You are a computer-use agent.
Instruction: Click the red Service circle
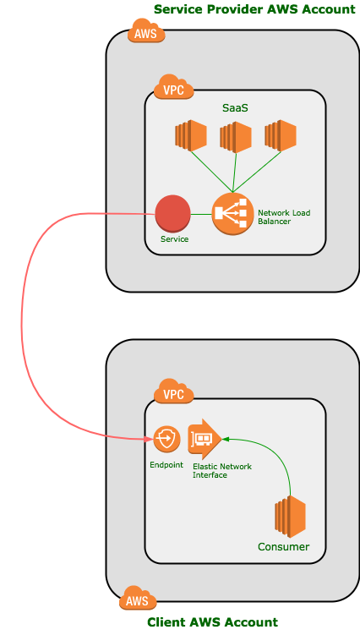[173, 214]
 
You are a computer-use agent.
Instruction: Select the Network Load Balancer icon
[232, 214]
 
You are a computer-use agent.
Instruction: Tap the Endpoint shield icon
[166, 439]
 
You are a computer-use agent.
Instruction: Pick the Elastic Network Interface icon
[205, 439]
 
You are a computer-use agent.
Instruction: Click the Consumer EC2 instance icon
[290, 514]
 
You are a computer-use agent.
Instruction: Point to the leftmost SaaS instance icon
[191, 135]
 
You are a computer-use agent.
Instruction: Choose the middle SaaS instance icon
[236, 136]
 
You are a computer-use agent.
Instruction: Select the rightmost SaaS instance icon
[281, 135]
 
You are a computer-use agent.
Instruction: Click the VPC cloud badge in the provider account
[174, 87]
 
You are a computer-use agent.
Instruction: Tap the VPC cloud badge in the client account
[174, 391]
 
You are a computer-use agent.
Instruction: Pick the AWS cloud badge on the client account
[138, 598]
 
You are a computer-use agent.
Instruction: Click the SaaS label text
[235, 108]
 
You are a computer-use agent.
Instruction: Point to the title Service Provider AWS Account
[254, 9]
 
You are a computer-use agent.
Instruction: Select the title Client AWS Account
[213, 622]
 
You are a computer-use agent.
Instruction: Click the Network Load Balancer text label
[284, 217]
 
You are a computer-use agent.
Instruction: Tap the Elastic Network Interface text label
[222, 471]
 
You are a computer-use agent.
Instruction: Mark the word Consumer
[283, 547]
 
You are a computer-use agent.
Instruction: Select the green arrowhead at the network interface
[226, 439]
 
